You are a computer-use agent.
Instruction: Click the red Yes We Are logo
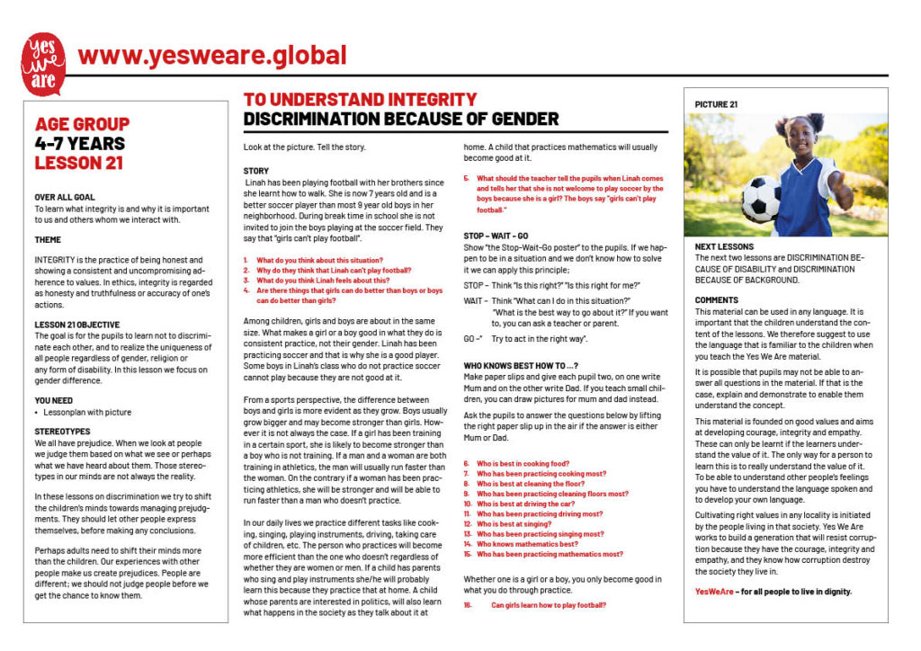pos(42,64)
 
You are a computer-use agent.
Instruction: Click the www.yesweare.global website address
pos(212,56)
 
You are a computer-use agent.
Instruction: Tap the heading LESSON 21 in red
pos(79,163)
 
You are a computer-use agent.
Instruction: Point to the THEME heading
pos(48,240)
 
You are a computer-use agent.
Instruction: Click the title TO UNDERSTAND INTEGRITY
pos(361,100)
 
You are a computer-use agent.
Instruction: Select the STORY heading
pos(256,171)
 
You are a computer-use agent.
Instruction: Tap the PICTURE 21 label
pos(716,104)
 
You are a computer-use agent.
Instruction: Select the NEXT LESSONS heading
pos(725,246)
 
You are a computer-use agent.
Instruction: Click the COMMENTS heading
pos(717,300)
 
